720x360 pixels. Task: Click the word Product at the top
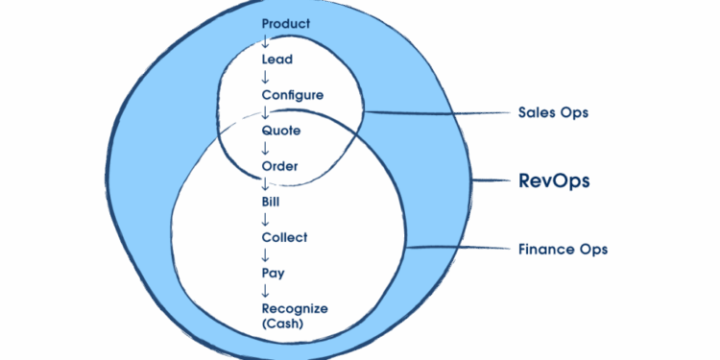[286, 23]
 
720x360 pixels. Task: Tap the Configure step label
[293, 95]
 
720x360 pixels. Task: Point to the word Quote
[281, 131]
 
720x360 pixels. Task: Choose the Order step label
[280, 166]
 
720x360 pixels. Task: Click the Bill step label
[272, 202]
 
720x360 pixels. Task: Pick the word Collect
[284, 237]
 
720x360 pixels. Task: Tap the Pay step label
[273, 274]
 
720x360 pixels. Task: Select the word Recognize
[295, 308]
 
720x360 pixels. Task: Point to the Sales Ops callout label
[553, 113]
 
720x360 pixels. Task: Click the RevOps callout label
[554, 180]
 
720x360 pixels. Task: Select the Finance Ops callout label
[564, 250]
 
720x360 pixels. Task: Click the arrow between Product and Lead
[266, 41]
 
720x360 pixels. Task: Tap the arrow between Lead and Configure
[266, 77]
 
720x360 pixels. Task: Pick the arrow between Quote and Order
[266, 149]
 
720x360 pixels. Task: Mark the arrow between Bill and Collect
[266, 220]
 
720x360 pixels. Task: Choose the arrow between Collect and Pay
[266, 255]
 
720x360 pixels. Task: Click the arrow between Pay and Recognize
[266, 291]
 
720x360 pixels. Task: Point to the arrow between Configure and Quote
[266, 112]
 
